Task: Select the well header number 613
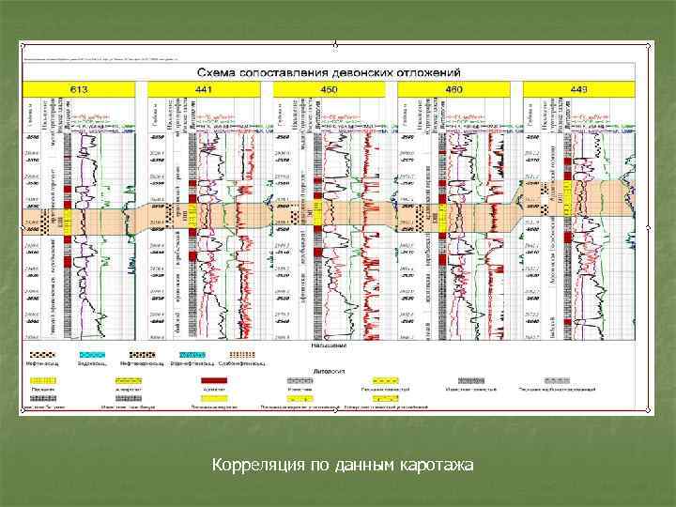coord(78,89)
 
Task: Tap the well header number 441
coord(204,89)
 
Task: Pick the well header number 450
coord(330,89)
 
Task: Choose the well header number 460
coord(453,89)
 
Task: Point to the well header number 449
coord(579,89)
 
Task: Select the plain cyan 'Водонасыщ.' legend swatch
coord(91,354)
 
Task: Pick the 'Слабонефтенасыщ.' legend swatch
coord(241,354)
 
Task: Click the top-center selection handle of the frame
coord(335,43)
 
